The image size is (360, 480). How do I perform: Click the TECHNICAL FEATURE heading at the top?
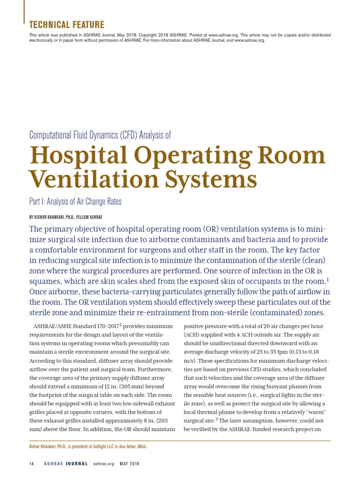click(x=67, y=25)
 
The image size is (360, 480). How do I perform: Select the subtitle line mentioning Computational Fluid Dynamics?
click(x=100, y=135)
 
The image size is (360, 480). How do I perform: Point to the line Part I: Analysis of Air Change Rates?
click(x=75, y=202)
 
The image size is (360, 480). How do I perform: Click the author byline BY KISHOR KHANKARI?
click(x=66, y=217)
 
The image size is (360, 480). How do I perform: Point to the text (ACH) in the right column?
click(x=193, y=335)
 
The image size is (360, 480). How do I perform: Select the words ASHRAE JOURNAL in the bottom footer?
click(x=66, y=464)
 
